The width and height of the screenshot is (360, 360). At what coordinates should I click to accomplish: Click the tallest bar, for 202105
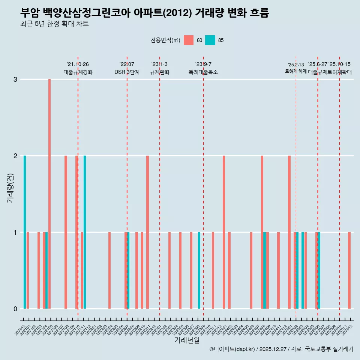49,194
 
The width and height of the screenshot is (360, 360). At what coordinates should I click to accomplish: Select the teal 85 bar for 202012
25,232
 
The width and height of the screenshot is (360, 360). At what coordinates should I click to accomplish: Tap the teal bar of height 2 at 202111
85,232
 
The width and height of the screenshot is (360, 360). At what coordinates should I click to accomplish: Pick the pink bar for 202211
148,232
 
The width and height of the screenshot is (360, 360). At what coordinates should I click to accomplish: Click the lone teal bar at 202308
199,270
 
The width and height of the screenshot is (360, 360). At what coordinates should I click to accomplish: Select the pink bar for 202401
224,232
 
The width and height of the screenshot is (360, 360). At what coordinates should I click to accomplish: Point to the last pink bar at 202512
349,270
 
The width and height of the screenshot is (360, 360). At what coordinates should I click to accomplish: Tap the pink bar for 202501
289,232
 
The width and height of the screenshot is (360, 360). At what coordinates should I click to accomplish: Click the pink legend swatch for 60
189,40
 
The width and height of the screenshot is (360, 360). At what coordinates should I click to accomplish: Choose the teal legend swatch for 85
210,40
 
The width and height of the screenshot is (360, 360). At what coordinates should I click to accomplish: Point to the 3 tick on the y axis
15,79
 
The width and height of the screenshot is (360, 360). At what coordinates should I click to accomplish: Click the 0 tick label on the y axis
15,309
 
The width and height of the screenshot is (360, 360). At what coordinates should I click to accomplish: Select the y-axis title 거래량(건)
10,188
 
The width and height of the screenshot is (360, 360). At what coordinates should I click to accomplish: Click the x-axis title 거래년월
187,340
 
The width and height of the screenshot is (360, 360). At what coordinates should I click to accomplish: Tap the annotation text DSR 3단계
127,72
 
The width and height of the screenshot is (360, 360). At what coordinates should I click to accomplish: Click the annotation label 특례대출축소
203,72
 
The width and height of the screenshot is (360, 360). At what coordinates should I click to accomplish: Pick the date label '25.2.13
296,65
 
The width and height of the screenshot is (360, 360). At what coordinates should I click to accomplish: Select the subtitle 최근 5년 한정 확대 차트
54,24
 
